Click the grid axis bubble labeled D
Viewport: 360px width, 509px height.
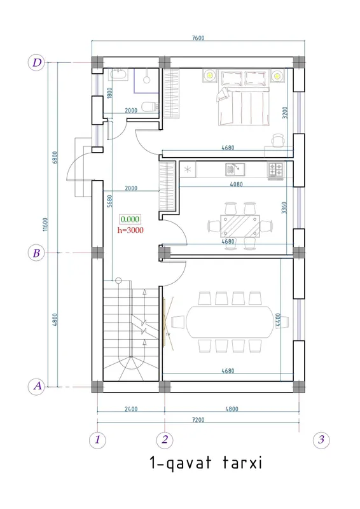37,62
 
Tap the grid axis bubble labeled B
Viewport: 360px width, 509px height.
37,253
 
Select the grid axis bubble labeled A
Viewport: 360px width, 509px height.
37,386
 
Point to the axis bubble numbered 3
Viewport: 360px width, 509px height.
321,440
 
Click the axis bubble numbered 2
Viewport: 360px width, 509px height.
165,440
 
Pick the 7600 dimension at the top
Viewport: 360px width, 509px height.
198,38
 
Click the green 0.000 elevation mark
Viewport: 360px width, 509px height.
130,220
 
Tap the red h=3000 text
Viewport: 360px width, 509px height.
130,230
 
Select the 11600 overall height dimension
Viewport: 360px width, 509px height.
45,225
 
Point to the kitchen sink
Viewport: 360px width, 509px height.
235,169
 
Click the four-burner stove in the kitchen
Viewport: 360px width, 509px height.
275,169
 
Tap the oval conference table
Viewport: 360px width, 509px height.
230,322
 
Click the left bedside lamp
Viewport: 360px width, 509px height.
210,76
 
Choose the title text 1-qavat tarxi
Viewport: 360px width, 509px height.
205,463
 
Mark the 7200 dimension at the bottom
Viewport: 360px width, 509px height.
198,420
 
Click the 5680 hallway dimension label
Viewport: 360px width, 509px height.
109,201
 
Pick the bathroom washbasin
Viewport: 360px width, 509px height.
120,74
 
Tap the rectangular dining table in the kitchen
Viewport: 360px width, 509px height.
240,226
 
